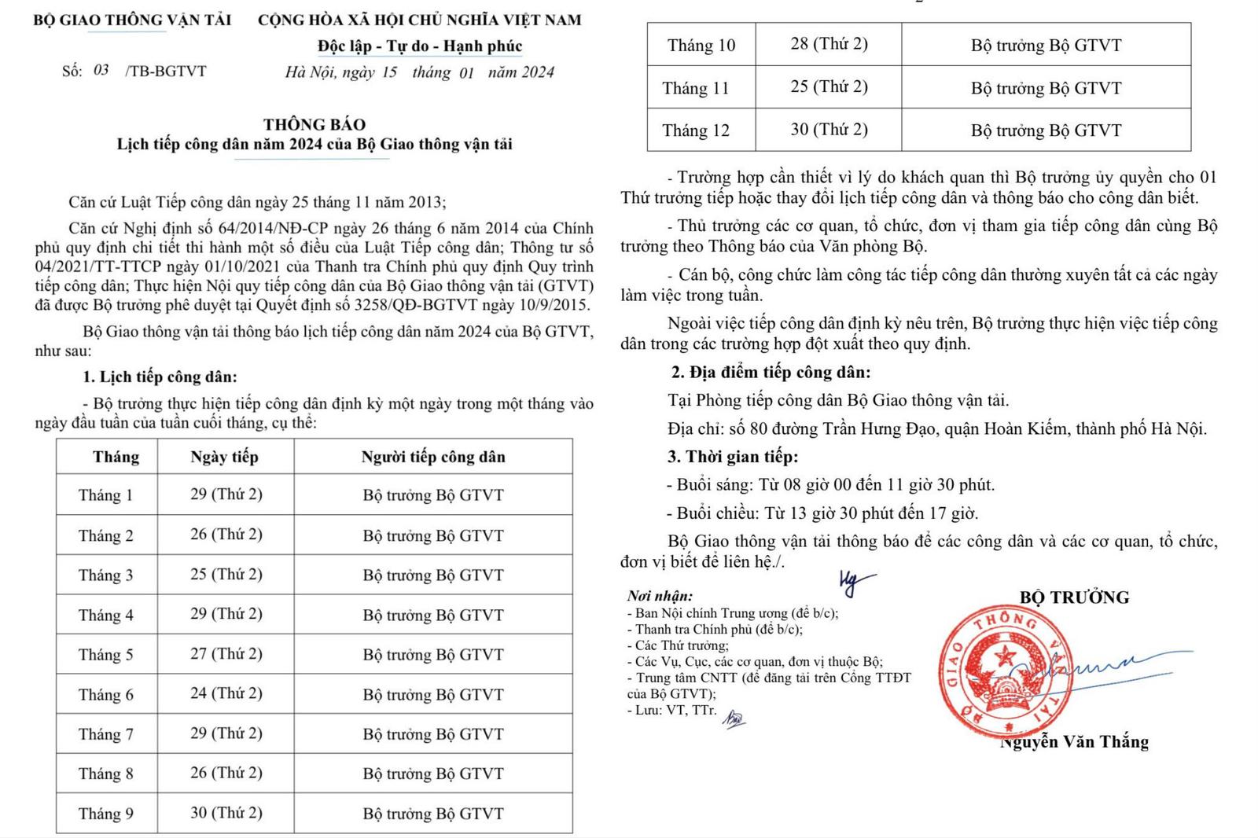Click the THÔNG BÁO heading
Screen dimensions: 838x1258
click(314, 124)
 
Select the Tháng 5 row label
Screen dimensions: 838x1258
click(106, 655)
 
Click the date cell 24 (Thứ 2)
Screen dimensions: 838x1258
click(226, 693)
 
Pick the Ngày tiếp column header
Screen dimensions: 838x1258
click(224, 457)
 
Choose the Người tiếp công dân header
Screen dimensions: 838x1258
click(433, 457)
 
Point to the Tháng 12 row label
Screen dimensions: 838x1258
click(696, 130)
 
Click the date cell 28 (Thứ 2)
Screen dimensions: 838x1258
click(829, 44)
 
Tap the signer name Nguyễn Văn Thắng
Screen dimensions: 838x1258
click(1074, 742)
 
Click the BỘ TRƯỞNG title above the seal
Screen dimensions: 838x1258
click(1074, 597)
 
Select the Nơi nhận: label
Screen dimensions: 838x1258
click(660, 597)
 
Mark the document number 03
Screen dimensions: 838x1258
click(101, 71)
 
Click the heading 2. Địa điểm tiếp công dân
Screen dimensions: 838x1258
click(771, 373)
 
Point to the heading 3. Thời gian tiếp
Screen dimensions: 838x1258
click(732, 457)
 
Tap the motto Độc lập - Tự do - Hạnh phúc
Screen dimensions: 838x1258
click(420, 46)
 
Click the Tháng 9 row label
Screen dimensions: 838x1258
click(106, 814)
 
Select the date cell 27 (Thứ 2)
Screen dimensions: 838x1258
click(226, 654)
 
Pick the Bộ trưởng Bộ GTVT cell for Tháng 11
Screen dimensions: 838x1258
click(1046, 88)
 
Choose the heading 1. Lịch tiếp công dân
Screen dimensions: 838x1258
click(160, 377)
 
